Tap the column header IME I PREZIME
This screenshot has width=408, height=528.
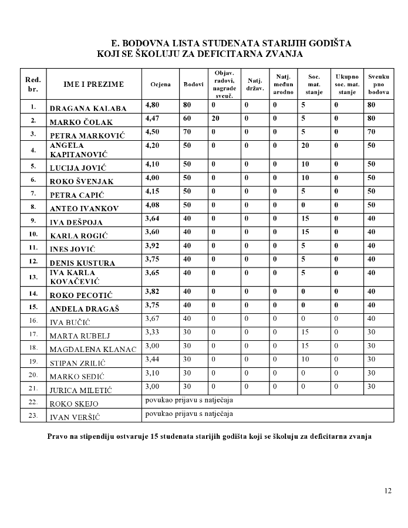pyautogui.click(x=94, y=84)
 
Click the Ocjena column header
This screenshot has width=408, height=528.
pyautogui.click(x=160, y=84)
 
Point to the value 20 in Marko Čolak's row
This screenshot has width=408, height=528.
pyautogui.click(x=215, y=119)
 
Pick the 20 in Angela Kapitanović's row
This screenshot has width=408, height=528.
pyautogui.click(x=305, y=146)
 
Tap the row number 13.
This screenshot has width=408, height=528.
pyautogui.click(x=33, y=277)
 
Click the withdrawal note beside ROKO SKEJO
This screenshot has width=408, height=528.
pyautogui.click(x=189, y=401)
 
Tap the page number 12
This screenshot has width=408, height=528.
pyautogui.click(x=387, y=491)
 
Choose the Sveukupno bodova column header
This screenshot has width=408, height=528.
pyautogui.click(x=379, y=84)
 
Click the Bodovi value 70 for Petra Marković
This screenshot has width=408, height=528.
pyautogui.click(x=187, y=132)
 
